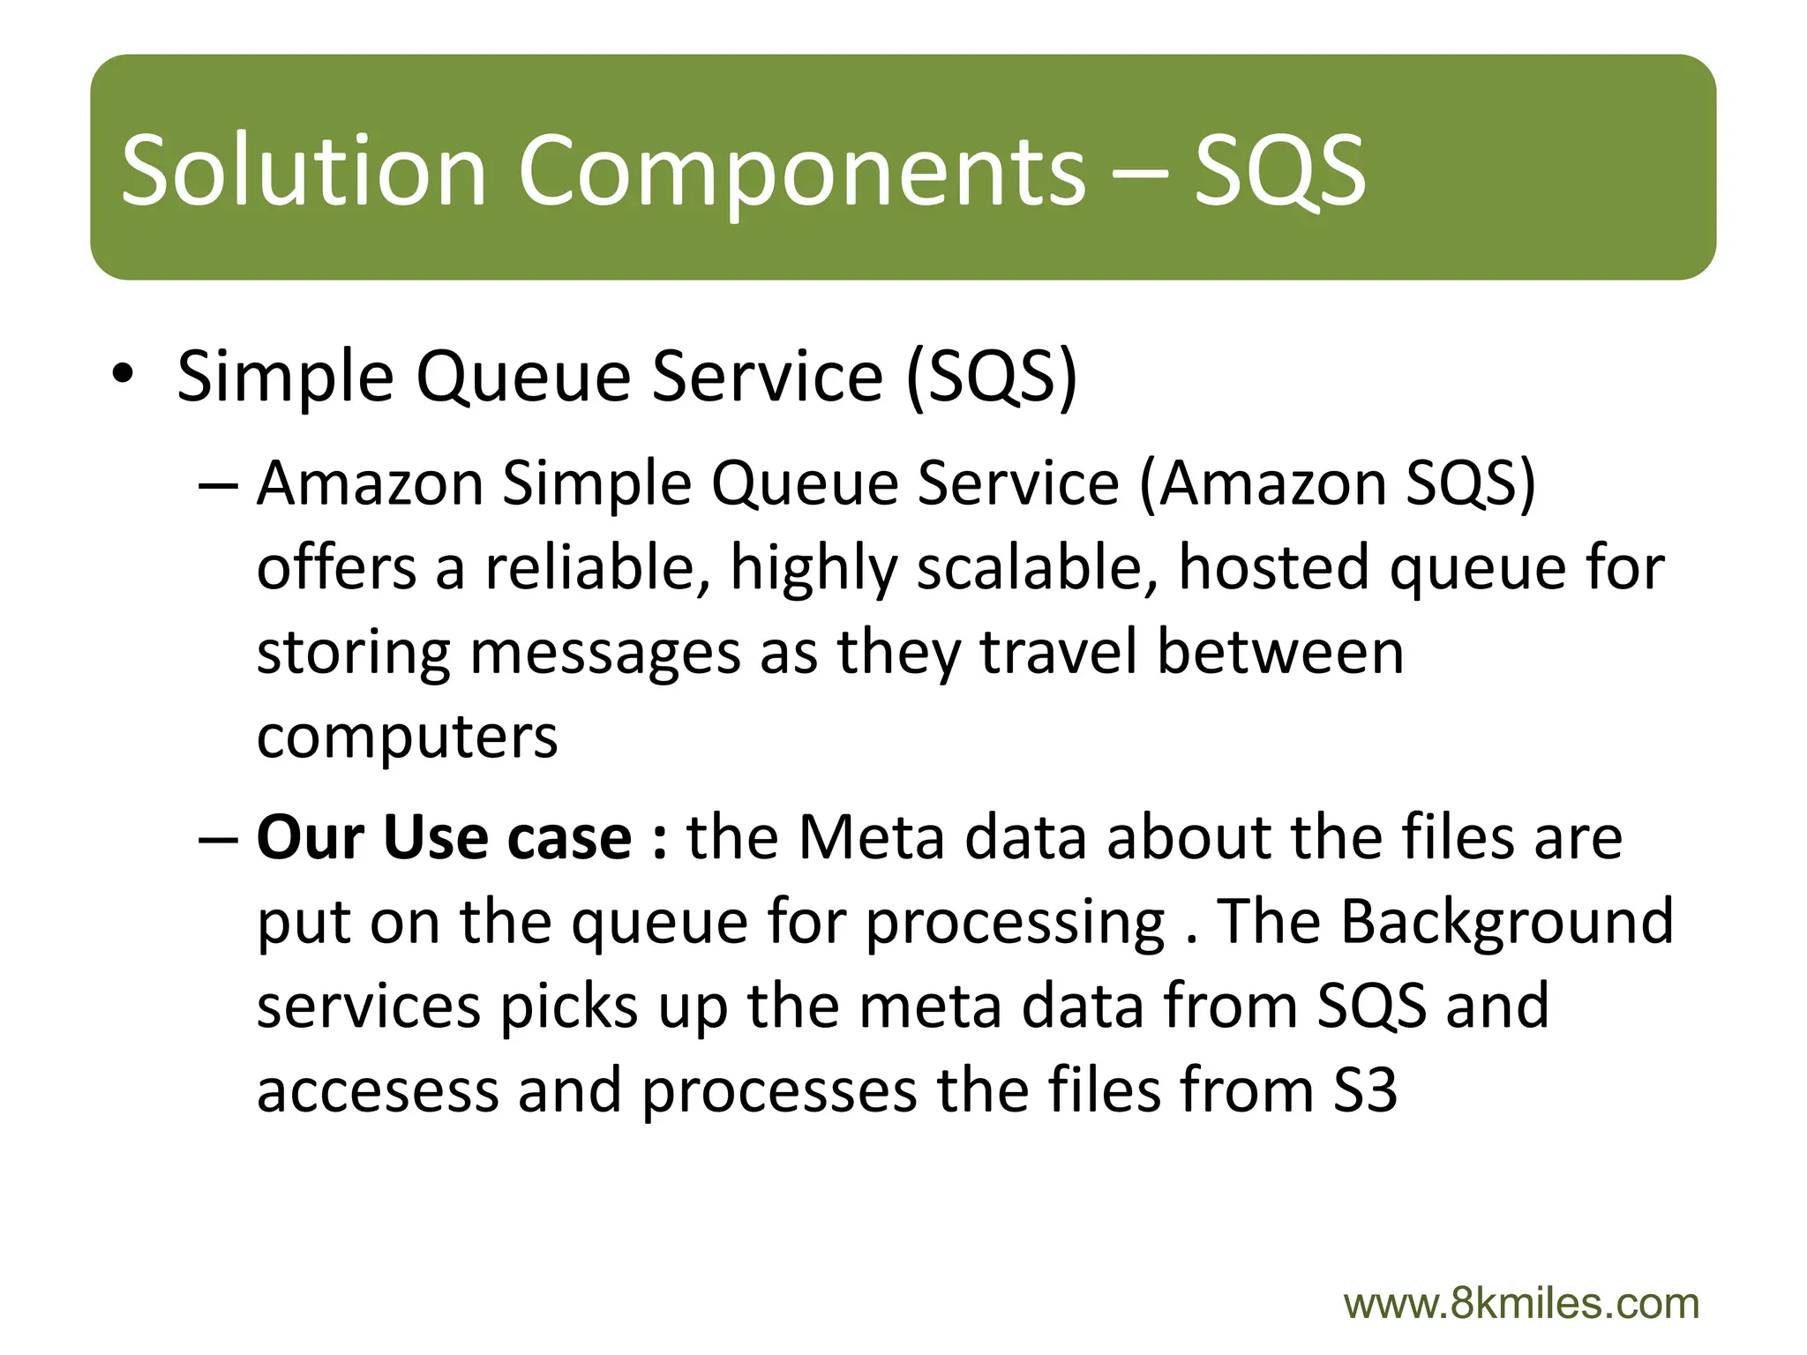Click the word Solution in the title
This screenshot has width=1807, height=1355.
[304, 169]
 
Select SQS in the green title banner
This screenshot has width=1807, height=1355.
[1279, 169]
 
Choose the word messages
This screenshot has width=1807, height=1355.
[604, 655]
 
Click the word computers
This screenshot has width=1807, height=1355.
[407, 737]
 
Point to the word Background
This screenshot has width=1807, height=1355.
[1506, 921]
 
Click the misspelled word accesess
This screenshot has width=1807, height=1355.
[377, 1090]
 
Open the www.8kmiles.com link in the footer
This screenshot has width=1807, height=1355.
[1521, 1304]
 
